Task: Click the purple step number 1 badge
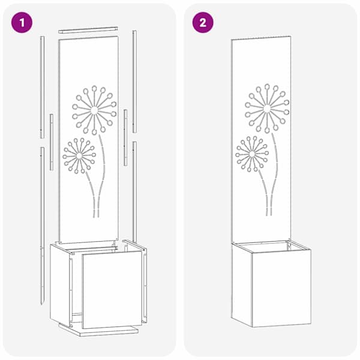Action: (22, 23)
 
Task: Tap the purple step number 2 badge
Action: (203, 23)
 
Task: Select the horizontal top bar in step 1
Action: (88, 30)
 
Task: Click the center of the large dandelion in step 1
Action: (94, 110)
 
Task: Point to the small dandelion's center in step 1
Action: (79, 155)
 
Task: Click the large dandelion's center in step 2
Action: (267, 109)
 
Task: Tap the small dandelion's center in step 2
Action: (252, 154)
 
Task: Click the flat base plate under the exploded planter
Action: (99, 330)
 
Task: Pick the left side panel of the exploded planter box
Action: (60, 284)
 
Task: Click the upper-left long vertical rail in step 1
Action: (42, 87)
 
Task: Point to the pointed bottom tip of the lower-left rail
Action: (41, 305)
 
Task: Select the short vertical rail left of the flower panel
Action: (52, 142)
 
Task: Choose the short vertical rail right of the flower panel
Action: (125, 137)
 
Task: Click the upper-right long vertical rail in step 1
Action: (134, 82)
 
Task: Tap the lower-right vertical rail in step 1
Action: (135, 192)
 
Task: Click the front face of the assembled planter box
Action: (282, 287)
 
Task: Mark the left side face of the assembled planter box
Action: (242, 284)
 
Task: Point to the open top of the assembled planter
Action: (271, 247)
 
